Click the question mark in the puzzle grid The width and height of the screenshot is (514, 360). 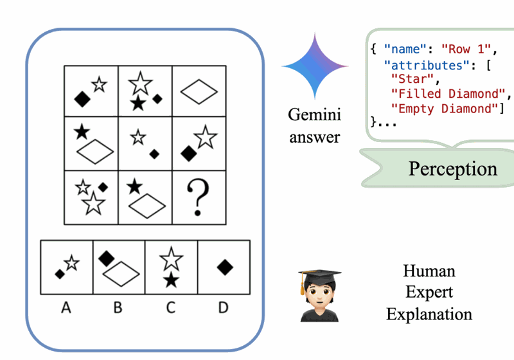tap(199, 197)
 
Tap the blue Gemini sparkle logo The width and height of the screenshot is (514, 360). tap(315, 67)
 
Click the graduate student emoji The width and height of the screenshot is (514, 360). tap(319, 295)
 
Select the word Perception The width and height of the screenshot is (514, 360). tap(452, 168)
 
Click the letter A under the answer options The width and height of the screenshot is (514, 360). tap(66, 308)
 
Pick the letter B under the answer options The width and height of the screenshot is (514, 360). tap(118, 308)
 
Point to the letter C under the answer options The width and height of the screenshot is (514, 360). tap(170, 308)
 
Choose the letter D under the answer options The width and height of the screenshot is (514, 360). tap(223, 308)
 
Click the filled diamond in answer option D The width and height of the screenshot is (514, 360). tap(224, 266)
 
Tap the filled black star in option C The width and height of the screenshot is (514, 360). tap(170, 280)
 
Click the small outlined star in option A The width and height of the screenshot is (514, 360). tap(71, 262)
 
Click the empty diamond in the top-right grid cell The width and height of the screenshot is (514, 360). tap(199, 94)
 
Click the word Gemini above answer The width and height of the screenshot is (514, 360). tap(314, 116)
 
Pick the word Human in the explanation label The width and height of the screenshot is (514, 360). tap(429, 271)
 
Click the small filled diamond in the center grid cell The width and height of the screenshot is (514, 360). tap(154, 153)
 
